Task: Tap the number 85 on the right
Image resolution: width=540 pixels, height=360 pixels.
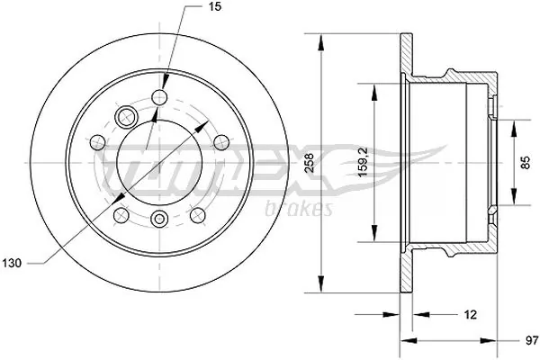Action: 526,163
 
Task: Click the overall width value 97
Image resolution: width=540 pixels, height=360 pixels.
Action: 531,341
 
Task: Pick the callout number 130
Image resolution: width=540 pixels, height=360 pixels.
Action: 13,263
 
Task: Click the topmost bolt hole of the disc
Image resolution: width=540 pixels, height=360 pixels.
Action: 161,97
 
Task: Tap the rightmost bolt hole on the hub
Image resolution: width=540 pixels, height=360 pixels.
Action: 220,140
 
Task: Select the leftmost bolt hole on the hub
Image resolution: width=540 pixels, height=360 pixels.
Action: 97,141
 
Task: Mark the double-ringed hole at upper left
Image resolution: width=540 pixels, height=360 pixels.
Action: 126,115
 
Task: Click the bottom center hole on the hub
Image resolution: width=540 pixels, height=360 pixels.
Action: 160,218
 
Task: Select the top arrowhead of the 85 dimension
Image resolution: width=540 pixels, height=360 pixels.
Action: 514,124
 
